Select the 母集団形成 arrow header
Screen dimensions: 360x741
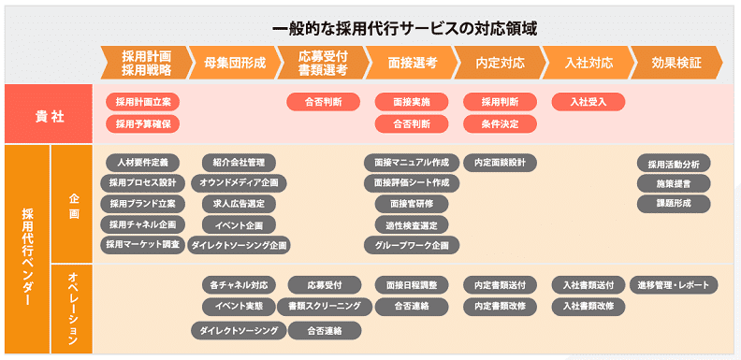coord(234,64)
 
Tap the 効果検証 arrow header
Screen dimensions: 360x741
coord(676,64)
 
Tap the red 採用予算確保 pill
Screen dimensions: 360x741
coord(142,123)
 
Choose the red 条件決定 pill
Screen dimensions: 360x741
coord(500,123)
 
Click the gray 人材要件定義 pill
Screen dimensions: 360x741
coord(142,162)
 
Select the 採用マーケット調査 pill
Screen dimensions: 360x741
coord(142,245)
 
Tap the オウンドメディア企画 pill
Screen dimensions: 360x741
coord(239,182)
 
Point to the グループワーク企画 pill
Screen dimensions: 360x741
coord(412,245)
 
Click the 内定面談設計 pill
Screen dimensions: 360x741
coord(500,162)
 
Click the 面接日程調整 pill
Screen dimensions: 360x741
coord(412,284)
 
